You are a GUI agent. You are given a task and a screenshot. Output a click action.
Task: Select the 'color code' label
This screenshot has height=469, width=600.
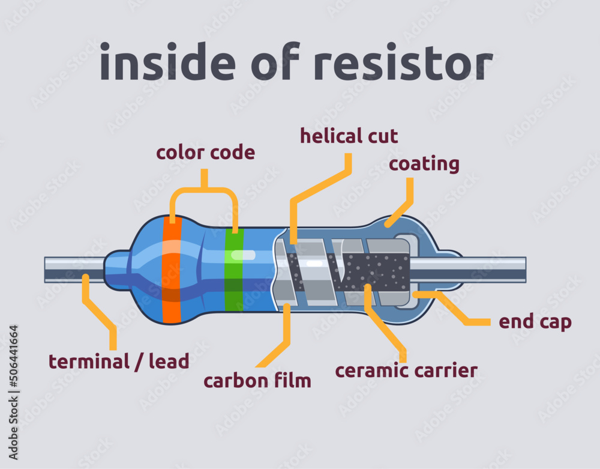pos(205,153)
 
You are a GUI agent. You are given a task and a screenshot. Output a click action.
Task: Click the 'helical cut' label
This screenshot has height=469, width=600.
pos(349,136)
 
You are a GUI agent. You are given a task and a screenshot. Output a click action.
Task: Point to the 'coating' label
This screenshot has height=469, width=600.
pos(424,163)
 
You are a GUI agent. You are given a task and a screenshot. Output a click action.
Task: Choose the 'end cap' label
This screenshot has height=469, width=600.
pos(535,322)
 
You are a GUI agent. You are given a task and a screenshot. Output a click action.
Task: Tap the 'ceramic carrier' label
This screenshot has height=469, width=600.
pos(406,371)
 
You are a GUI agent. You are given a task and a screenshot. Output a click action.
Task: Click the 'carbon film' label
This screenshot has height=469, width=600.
pos(257,381)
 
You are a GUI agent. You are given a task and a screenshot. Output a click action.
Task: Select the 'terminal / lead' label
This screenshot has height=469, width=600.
pos(119,362)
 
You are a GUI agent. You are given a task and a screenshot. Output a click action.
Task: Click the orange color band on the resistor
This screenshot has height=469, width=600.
pos(172,270)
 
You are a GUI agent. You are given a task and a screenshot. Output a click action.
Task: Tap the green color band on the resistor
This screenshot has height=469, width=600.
pos(234,270)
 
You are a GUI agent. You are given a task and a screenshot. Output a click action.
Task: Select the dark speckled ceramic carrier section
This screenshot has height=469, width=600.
pos(378,270)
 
